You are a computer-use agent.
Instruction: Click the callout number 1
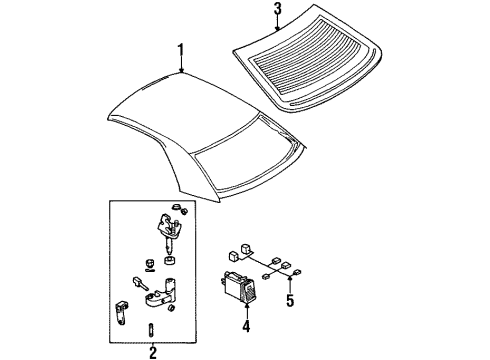pyautogui.click(x=181, y=50)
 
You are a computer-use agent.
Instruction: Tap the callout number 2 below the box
pyautogui.click(x=153, y=352)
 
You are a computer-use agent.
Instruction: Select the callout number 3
pyautogui.click(x=278, y=9)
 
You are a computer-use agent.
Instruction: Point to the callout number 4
pyautogui.click(x=246, y=326)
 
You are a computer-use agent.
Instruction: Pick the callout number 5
pyautogui.click(x=290, y=300)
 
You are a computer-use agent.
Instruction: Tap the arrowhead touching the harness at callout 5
pyautogui.click(x=290, y=279)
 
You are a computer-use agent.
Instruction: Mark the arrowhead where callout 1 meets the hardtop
pyautogui.click(x=181, y=70)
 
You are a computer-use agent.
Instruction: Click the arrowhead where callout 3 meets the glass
pyautogui.click(x=278, y=28)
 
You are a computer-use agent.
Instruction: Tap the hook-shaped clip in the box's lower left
pyautogui.click(x=120, y=313)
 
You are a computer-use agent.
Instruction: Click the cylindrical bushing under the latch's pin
pyautogui.click(x=170, y=260)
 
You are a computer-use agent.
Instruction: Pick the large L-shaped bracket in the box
pyautogui.click(x=161, y=293)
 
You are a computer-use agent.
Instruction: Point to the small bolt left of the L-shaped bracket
pyautogui.click(x=140, y=282)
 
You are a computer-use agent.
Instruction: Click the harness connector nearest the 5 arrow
pyautogui.click(x=297, y=272)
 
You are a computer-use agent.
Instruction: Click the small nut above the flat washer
pyautogui.click(x=150, y=263)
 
